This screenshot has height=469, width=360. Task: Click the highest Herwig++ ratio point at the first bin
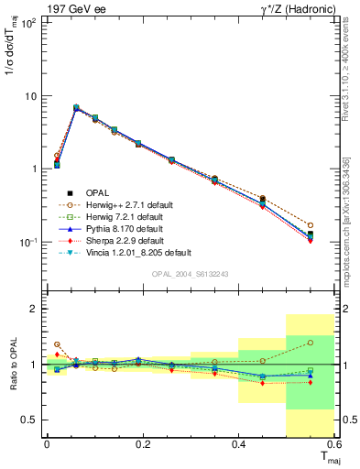click(x=57, y=344)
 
